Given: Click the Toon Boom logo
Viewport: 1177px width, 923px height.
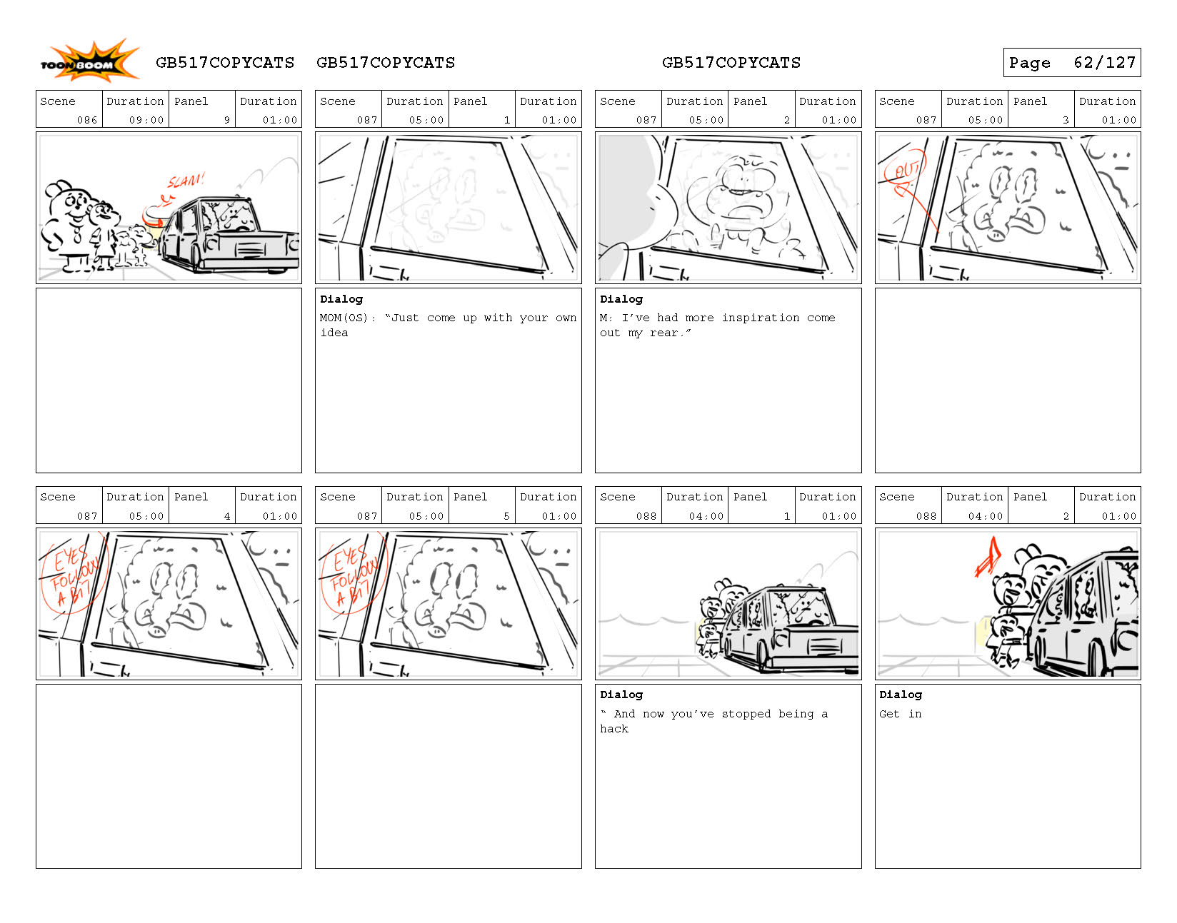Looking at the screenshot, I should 89,61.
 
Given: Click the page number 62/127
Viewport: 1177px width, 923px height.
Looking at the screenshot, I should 1103,63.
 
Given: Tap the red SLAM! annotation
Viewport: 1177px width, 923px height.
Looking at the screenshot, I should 186,181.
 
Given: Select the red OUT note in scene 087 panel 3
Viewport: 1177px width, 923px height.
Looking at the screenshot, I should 906,172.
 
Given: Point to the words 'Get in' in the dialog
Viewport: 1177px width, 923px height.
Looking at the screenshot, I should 900,714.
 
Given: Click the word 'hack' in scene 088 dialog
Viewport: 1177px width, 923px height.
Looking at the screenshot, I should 613,729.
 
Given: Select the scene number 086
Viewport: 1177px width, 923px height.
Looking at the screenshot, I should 86,120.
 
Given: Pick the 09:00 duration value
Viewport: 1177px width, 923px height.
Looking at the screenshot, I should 146,120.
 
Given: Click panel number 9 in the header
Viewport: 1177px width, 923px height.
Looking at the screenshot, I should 227,120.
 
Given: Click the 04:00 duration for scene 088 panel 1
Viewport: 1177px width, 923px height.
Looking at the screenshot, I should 706,516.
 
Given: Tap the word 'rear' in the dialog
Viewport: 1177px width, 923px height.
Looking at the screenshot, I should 663,333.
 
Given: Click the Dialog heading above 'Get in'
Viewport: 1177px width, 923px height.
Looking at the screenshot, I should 900,695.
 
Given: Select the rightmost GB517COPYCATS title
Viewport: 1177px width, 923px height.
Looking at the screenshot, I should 731,63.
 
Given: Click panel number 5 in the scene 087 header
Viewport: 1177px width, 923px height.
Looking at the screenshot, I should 506,516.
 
